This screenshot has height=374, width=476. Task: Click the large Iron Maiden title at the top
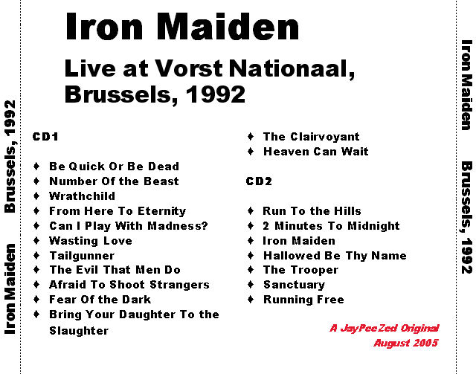tap(182, 27)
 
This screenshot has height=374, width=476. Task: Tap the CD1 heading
tap(45, 137)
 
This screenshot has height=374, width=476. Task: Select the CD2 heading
tap(259, 181)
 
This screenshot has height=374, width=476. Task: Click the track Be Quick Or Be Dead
tap(114, 167)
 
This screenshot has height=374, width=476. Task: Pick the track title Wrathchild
tap(82, 196)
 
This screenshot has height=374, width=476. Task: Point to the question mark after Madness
tap(205, 225)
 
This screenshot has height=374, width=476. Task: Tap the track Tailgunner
tap(82, 256)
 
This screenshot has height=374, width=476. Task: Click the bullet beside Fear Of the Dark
tap(36, 300)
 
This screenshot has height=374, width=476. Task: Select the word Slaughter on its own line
tap(79, 331)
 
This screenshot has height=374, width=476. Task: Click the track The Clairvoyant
tap(311, 137)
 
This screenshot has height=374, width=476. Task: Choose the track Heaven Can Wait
tap(315, 152)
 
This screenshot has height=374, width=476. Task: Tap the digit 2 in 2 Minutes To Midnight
tap(266, 226)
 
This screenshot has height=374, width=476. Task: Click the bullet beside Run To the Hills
tap(251, 210)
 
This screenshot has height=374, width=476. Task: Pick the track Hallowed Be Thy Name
tap(335, 256)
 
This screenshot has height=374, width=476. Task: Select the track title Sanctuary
tap(295, 285)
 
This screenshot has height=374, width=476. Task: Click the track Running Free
tap(303, 300)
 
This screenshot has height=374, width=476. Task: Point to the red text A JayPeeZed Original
tap(385, 328)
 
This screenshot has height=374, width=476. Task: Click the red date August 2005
tap(406, 343)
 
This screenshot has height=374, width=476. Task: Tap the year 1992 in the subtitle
tap(215, 94)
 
